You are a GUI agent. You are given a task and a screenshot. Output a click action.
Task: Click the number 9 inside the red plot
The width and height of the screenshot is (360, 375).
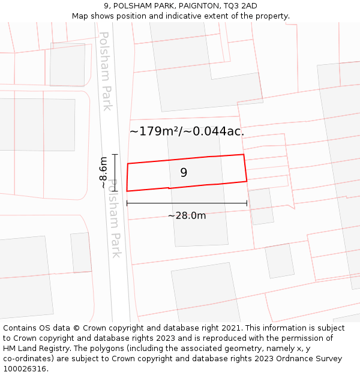pyautogui.click(x=184, y=173)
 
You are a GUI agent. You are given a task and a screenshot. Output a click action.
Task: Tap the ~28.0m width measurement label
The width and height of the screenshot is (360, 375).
pyautogui.click(x=187, y=215)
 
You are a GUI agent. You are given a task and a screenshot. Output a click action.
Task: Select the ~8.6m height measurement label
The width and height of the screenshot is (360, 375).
pyautogui.click(x=103, y=172)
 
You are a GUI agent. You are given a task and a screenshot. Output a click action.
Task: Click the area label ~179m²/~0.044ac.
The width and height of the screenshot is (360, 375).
pyautogui.click(x=187, y=131)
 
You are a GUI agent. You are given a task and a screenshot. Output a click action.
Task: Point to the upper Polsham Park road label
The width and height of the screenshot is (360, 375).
pyautogui.click(x=106, y=71)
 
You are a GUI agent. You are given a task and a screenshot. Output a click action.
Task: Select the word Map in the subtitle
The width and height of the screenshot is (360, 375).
pyautogui.click(x=80, y=16)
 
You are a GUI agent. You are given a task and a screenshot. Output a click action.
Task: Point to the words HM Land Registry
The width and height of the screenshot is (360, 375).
pyautogui.click(x=34, y=349)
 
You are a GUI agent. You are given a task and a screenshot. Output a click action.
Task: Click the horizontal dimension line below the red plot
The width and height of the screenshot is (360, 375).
pyautogui.click(x=187, y=203)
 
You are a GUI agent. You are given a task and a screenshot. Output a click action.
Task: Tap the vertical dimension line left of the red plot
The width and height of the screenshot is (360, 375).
pyautogui.click(x=115, y=172)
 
